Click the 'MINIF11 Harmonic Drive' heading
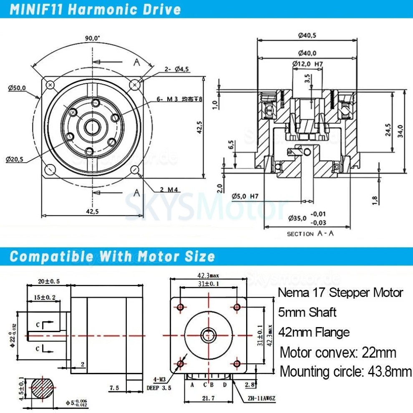click(x=95, y=10)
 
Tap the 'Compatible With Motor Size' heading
click(x=112, y=256)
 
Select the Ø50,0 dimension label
click(x=17, y=88)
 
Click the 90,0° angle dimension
click(x=92, y=38)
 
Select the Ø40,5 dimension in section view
click(x=307, y=35)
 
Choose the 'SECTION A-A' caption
click(x=310, y=234)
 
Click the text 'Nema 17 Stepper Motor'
click(x=340, y=292)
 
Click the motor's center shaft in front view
click(x=207, y=335)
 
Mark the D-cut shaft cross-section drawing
click(x=41, y=389)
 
